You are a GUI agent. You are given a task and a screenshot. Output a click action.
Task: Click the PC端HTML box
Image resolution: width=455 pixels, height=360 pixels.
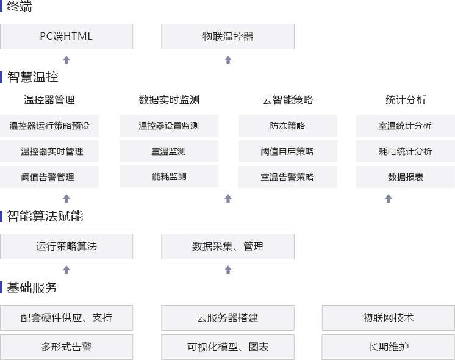(66, 37)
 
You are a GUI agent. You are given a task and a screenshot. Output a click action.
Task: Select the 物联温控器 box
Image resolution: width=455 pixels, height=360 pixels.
(227, 37)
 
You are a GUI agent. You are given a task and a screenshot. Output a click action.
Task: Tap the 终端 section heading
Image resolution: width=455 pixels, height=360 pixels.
(20, 7)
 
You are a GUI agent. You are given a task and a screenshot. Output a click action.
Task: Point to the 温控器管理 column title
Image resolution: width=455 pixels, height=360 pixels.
(49, 100)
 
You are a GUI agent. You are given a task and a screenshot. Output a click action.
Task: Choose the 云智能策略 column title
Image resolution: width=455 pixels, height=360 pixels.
(287, 100)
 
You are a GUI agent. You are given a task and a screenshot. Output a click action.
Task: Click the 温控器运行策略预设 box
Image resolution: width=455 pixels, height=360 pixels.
(49, 126)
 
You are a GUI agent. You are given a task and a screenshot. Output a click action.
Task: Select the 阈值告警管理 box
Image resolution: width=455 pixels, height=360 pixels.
(49, 177)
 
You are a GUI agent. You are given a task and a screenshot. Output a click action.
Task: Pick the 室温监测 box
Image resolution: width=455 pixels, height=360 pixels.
(169, 151)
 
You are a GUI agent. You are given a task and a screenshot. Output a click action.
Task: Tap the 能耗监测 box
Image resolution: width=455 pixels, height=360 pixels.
(169, 176)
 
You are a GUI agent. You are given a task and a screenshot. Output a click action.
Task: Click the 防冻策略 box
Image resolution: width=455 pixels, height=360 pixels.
(287, 126)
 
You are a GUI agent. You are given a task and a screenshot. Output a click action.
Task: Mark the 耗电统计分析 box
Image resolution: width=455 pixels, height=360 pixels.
(406, 151)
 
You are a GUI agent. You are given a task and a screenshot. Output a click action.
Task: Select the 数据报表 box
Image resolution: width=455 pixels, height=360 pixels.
(406, 177)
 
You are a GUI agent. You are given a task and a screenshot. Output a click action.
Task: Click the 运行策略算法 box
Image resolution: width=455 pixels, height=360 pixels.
(66, 247)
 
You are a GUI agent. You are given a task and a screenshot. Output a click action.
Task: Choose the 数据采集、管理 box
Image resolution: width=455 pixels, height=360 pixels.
(227, 247)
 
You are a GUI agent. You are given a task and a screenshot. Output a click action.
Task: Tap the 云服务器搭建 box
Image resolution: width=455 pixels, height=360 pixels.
(227, 318)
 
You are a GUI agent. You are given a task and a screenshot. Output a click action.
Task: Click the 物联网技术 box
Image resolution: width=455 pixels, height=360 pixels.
(388, 318)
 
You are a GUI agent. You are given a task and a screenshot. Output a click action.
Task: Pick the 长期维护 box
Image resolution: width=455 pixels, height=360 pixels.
(388, 347)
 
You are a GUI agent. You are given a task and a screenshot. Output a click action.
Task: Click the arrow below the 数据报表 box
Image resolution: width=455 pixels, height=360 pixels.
(389, 198)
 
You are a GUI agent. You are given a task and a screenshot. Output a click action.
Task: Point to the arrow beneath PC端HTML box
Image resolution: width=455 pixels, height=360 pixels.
(66, 60)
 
